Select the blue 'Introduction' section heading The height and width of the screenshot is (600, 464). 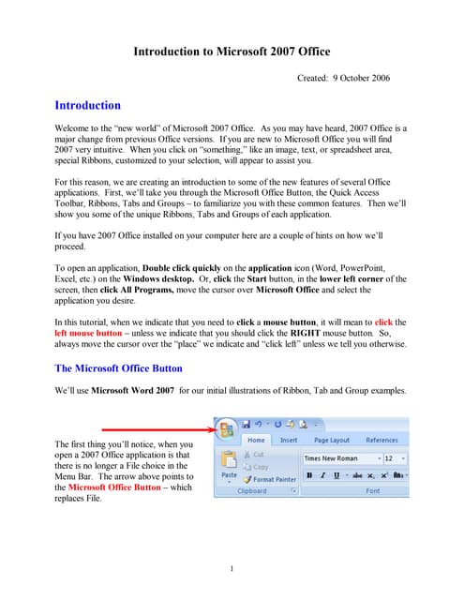coord(87,106)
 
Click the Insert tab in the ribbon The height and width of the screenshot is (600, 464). coord(289,440)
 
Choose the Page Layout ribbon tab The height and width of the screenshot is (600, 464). coord(332,440)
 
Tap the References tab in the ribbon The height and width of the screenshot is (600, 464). coord(382,440)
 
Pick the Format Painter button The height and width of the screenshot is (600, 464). coord(272,478)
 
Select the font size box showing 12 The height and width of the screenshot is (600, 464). coord(395,458)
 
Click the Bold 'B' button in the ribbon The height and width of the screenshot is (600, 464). coord(308,475)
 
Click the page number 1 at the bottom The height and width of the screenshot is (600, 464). coord(232,569)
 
